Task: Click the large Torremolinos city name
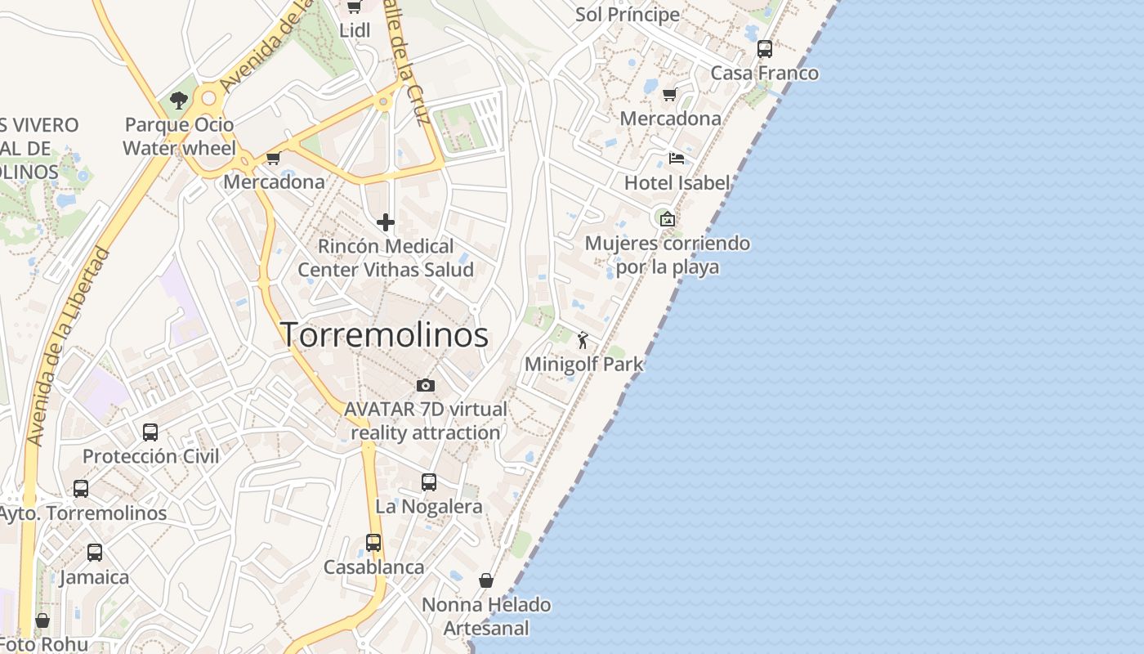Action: (384, 335)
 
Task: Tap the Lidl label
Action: (355, 31)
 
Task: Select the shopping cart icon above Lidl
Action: (355, 7)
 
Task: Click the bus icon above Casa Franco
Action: (765, 49)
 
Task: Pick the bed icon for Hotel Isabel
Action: (676, 158)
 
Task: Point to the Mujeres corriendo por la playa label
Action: (667, 255)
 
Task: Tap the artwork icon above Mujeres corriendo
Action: (668, 218)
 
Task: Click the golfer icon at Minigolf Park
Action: (583, 340)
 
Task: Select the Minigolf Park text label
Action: (583, 365)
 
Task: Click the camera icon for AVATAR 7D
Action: (425, 385)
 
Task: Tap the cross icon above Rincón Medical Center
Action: (386, 222)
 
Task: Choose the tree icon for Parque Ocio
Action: (179, 101)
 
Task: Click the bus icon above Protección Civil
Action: (150, 432)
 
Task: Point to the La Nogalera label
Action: (429, 507)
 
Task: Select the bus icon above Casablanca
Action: (373, 542)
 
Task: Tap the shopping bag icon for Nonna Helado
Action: (486, 580)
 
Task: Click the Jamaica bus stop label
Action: (95, 577)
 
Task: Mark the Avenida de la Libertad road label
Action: (69, 347)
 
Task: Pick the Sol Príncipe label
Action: (627, 15)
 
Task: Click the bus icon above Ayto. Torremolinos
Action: (81, 489)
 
